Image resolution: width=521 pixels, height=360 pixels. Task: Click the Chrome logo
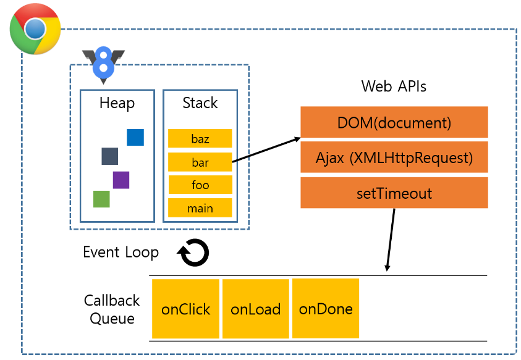[x=35, y=29]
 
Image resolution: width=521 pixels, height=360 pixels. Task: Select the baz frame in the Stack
[x=200, y=138]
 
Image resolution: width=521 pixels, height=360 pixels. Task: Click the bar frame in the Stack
[x=200, y=162]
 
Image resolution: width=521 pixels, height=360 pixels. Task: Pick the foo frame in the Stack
[x=200, y=184]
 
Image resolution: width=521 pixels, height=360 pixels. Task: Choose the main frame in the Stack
[x=200, y=208]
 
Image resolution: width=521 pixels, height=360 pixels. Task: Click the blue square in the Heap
[x=135, y=137]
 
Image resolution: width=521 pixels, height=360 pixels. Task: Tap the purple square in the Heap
[x=121, y=180]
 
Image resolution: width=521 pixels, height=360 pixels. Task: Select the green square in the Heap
[x=101, y=199]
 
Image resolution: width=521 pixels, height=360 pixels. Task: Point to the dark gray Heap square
[x=109, y=156]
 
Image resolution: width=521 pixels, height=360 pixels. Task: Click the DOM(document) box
[x=394, y=122]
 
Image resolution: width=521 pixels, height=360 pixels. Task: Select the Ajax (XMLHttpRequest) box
[x=394, y=157]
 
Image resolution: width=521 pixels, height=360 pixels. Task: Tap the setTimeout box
[x=394, y=193]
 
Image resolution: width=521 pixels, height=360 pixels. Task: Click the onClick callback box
[x=186, y=309]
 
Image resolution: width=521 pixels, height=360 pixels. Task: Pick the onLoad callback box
[x=255, y=309]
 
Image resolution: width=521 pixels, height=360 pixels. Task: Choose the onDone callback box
[x=326, y=309]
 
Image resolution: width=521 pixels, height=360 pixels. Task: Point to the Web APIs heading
[x=394, y=86]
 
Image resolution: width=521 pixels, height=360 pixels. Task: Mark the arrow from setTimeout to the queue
[x=391, y=240]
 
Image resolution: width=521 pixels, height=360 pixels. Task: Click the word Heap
[x=117, y=103]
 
